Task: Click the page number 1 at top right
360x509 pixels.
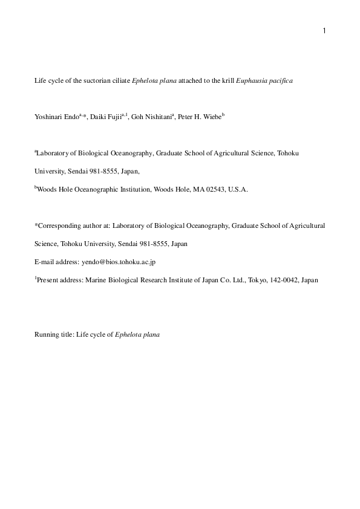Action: coord(324,31)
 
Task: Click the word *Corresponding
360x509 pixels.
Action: coord(57,225)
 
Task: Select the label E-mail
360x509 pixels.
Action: coord(44,262)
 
